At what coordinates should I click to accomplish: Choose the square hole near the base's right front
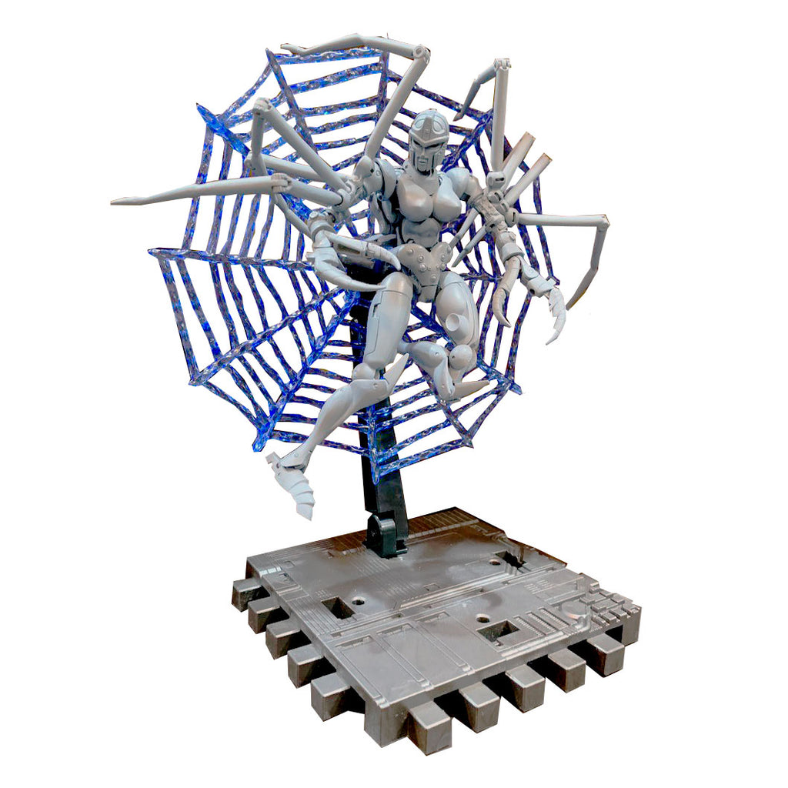coord(497,631)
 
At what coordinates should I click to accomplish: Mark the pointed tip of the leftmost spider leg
coord(115,202)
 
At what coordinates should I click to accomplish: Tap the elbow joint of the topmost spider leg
coord(420,53)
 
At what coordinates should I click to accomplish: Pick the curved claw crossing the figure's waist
coord(362,250)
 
